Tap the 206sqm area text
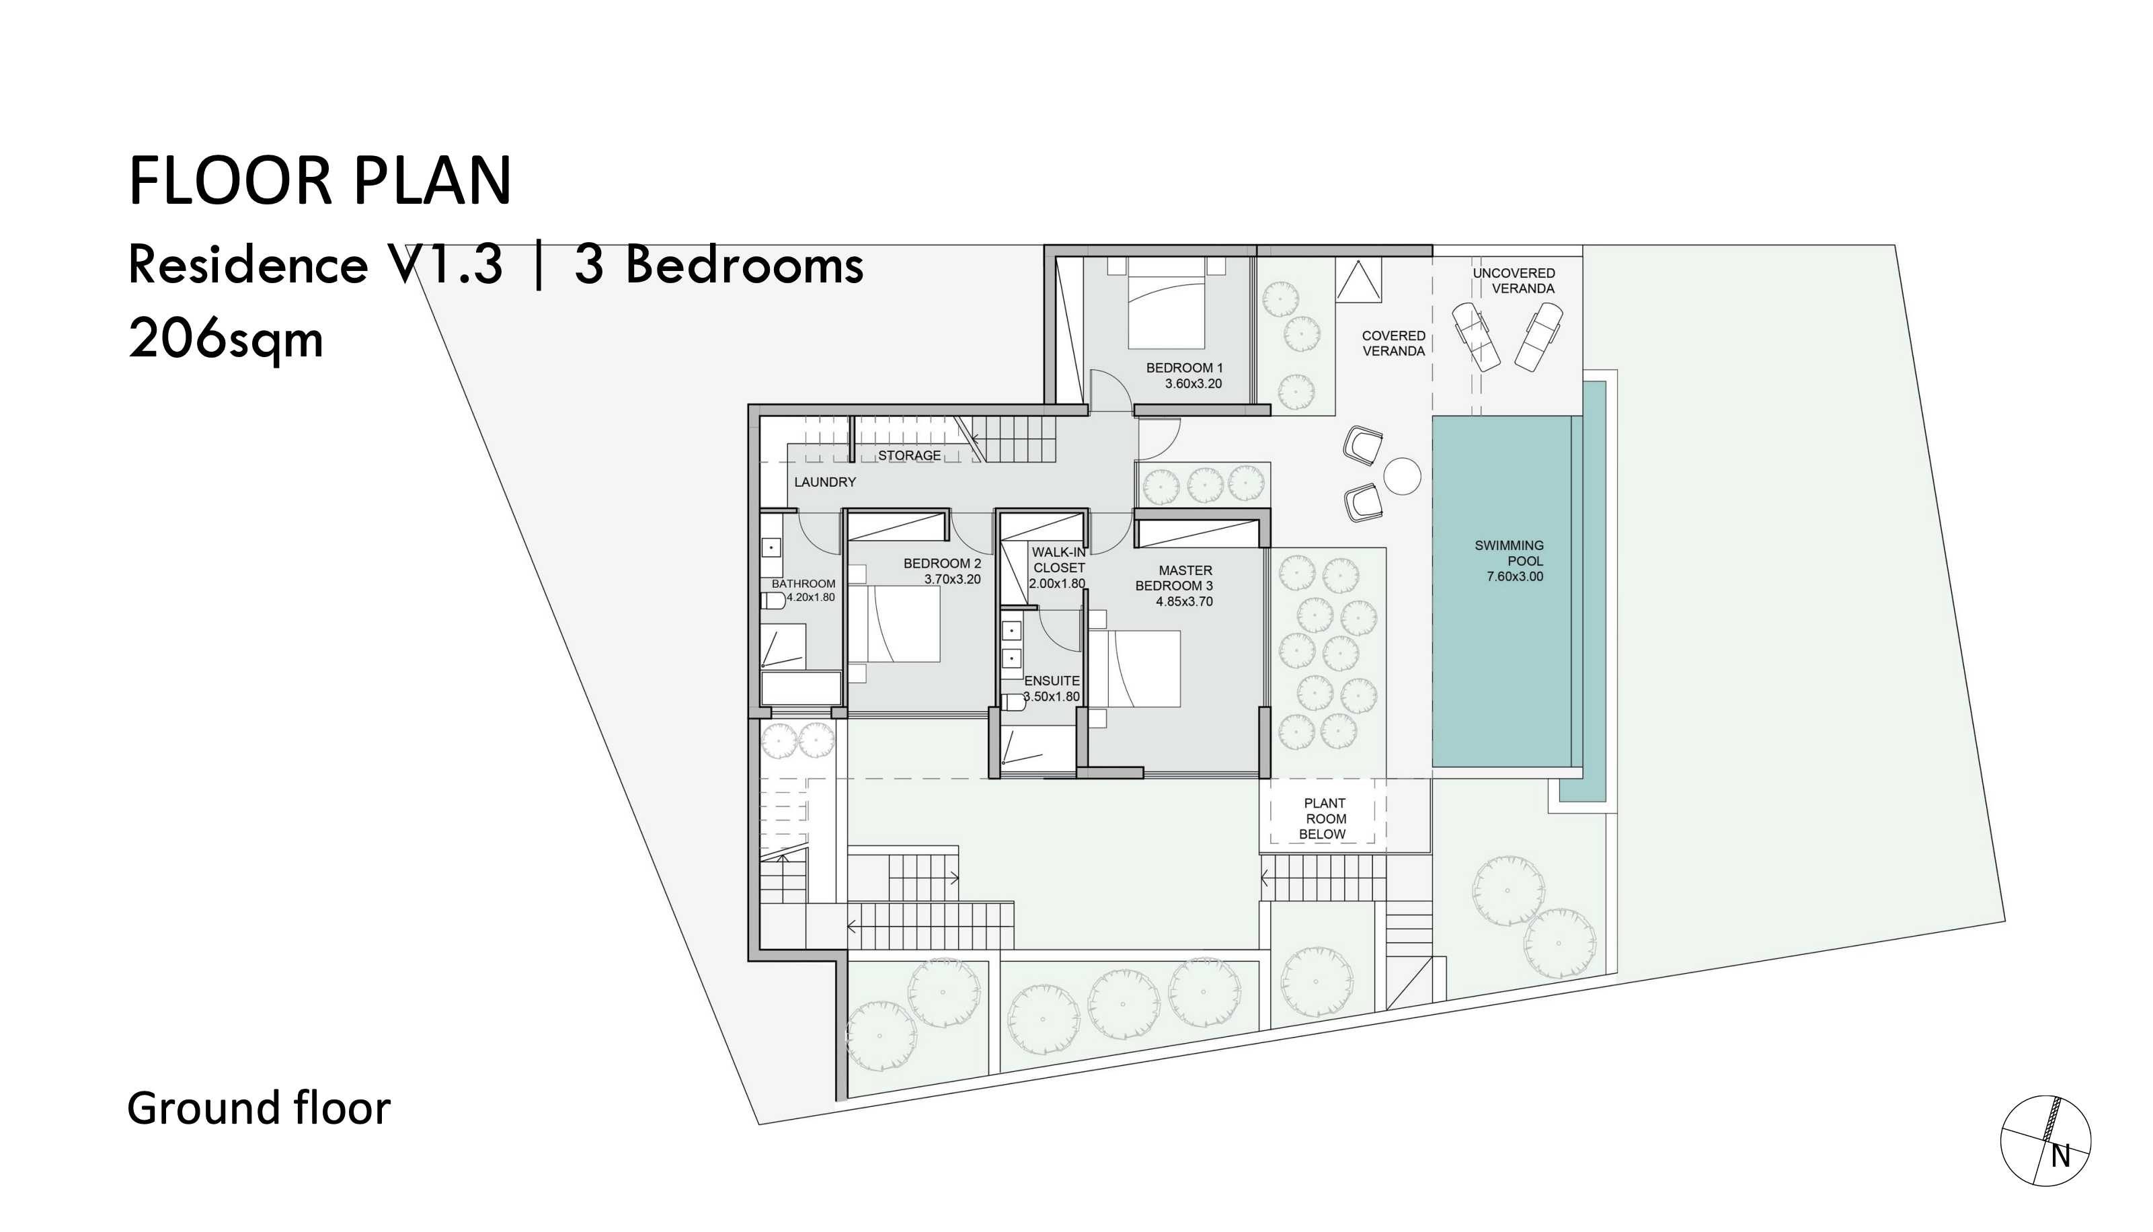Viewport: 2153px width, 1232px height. [226, 340]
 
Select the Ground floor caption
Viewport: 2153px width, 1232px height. [259, 1108]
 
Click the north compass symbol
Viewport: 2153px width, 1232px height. [2045, 1164]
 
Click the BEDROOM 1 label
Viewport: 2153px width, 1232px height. [1184, 368]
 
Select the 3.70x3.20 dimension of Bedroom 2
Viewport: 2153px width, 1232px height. [953, 580]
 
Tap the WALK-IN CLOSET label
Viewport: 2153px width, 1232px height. [1058, 560]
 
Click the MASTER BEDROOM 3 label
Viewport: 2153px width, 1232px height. [1175, 578]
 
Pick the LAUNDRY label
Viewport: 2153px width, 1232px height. [825, 482]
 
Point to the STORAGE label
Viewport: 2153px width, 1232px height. [910, 456]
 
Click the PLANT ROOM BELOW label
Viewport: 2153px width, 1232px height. [1324, 819]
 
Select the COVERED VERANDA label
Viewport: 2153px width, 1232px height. [1393, 344]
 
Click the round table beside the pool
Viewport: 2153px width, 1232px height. [1402, 476]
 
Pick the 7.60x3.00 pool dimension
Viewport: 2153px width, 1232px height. [1515, 577]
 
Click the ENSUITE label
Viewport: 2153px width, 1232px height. [1052, 681]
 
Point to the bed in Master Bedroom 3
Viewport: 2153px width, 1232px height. [1134, 668]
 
